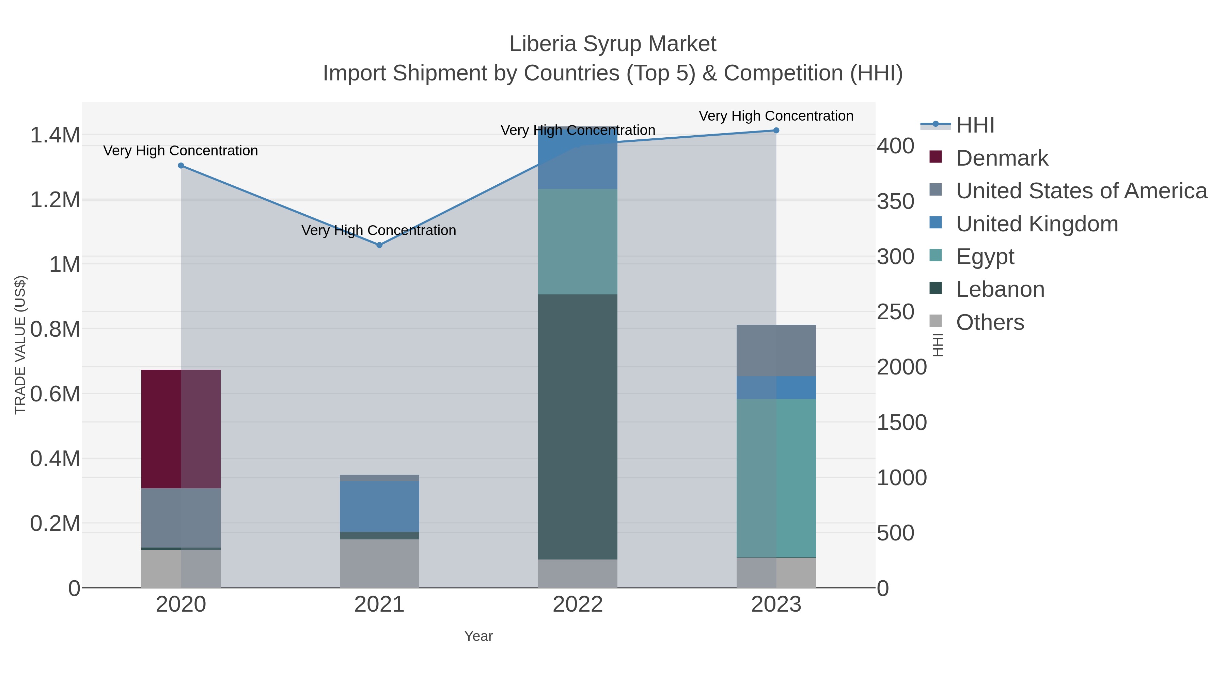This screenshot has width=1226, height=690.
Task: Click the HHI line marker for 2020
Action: pos(181,166)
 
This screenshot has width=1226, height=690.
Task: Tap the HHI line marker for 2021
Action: pos(379,245)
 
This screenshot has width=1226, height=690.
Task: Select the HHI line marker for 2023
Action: pos(776,131)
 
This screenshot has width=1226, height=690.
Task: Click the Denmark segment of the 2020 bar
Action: pos(181,429)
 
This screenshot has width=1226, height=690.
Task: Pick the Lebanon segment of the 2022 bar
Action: pos(577,427)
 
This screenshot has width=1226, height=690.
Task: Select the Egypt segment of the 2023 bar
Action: pos(776,478)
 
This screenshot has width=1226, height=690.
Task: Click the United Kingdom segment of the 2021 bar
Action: pos(379,506)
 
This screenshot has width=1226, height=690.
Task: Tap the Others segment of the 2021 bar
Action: pos(379,563)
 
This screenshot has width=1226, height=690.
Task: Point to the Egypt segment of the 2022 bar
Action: pos(577,242)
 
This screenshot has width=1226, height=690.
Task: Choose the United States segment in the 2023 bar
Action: pos(776,351)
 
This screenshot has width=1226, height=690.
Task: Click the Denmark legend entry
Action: pos(1002,158)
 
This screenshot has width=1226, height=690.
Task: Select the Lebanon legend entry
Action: pos(1000,290)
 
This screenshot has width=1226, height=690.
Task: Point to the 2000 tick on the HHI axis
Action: pos(901,367)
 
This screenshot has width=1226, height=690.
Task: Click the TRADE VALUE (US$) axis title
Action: pos(20,345)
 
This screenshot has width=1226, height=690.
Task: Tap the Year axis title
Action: pos(478,636)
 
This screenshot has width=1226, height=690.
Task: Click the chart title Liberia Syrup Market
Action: pos(613,44)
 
